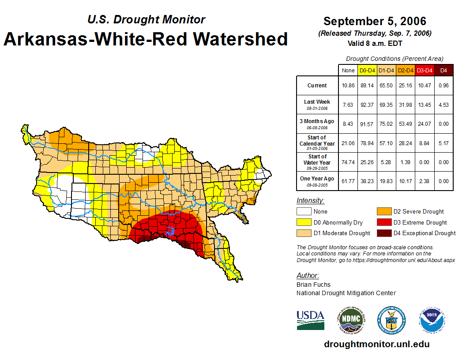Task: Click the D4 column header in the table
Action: pyautogui.click(x=443, y=70)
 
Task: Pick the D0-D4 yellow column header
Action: pyautogui.click(x=367, y=70)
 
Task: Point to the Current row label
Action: pyautogui.click(x=317, y=86)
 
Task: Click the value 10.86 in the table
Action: pyautogui.click(x=348, y=86)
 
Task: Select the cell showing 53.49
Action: pyautogui.click(x=405, y=124)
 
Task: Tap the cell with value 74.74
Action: pyautogui.click(x=348, y=162)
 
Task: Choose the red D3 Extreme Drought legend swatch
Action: pyautogui.click(x=383, y=222)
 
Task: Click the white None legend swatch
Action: pyautogui.click(x=304, y=212)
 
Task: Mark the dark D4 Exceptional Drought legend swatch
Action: pyautogui.click(x=383, y=233)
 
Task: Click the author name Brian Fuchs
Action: pyautogui.click(x=313, y=285)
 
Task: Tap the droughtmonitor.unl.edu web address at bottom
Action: pyautogui.click(x=376, y=344)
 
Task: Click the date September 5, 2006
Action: pyautogui.click(x=375, y=21)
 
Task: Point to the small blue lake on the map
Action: pyautogui.click(x=171, y=231)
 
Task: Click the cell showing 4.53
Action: pyautogui.click(x=443, y=105)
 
